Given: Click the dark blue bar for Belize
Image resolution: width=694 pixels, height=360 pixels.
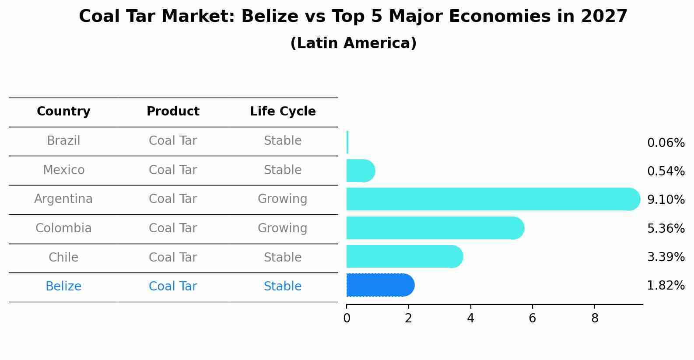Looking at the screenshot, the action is [380, 285].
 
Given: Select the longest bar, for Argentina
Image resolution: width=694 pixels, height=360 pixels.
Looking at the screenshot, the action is [493, 199].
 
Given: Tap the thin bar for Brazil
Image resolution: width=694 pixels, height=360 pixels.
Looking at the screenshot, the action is [347, 142].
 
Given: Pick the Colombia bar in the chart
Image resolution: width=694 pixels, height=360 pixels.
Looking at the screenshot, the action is [435, 228].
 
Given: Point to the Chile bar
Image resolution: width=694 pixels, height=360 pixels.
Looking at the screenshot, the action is [405, 256].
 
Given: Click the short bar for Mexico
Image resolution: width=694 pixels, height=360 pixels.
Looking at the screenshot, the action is [361, 171].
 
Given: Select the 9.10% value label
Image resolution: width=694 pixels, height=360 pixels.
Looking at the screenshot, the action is [666, 199].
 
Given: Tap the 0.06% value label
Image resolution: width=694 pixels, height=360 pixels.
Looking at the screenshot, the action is [666, 143].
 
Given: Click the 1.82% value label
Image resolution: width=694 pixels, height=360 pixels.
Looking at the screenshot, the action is [666, 285].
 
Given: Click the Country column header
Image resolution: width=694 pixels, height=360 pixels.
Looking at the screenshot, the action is [63, 111].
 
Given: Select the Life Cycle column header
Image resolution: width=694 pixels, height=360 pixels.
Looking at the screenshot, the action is [283, 111].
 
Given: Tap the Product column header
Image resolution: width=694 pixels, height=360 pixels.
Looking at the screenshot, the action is [173, 111].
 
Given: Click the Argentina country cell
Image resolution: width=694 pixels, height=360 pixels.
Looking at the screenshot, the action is [63, 199].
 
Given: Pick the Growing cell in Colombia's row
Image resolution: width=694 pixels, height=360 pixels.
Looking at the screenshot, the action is [283, 228].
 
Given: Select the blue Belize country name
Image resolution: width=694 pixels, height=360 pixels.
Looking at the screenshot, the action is [63, 286].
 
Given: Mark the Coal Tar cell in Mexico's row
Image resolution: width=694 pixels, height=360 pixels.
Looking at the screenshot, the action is [173, 170].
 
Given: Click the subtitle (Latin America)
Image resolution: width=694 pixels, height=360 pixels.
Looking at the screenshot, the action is [354, 43].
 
